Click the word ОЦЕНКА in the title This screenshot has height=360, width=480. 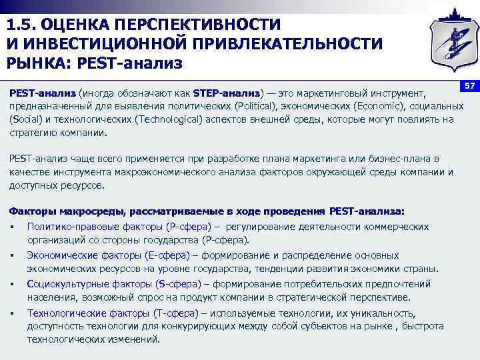click(73, 25)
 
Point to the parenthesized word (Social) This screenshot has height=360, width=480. click(27, 119)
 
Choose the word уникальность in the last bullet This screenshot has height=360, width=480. click(382, 313)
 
